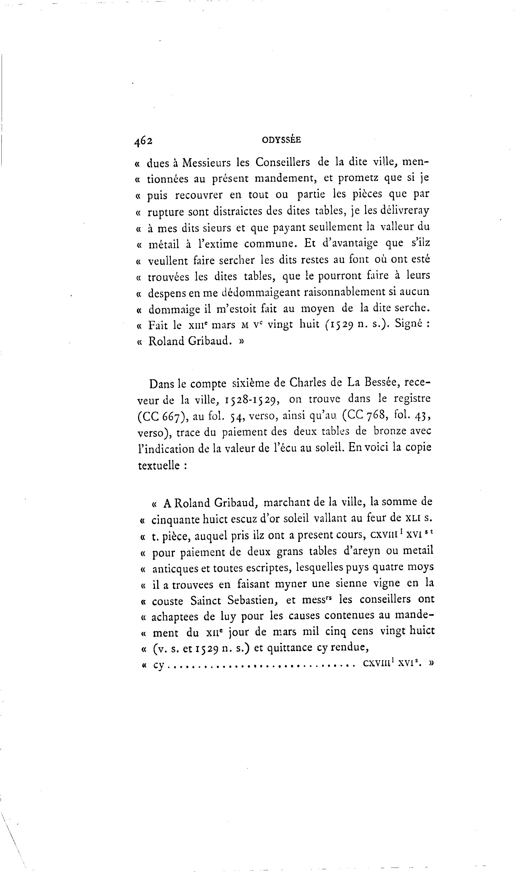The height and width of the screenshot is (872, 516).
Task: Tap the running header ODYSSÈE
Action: (281, 140)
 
